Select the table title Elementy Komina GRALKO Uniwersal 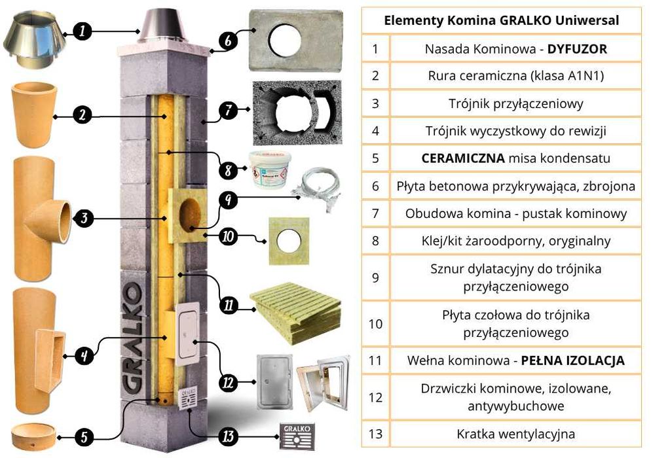pyautogui.click(x=501, y=20)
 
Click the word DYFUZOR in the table pyautogui.click(x=576, y=49)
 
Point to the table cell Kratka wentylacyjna pyautogui.click(x=517, y=433)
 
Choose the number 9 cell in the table pyautogui.click(x=375, y=277)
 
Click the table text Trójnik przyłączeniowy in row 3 pyautogui.click(x=517, y=103)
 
